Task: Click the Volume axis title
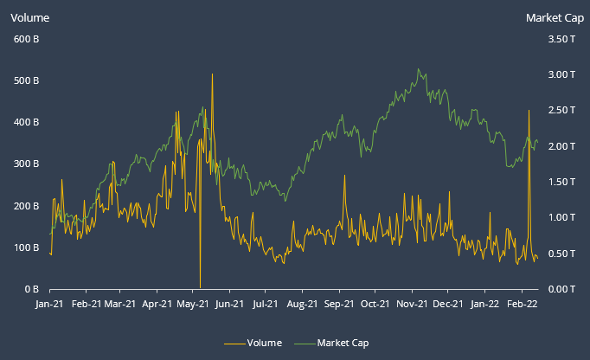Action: coord(29,17)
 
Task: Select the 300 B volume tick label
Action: coord(26,164)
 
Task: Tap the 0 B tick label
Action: coord(31,289)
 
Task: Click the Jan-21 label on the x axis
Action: coord(50,304)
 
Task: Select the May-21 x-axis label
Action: coord(193,304)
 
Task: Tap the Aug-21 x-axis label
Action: coord(302,304)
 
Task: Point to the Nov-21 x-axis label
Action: coord(412,304)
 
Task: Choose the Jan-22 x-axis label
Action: coord(484,304)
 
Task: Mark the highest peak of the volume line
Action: coord(212,75)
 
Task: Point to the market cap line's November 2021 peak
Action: coord(419,69)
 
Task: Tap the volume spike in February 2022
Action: coord(529,111)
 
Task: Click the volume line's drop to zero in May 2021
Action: coord(200,286)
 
